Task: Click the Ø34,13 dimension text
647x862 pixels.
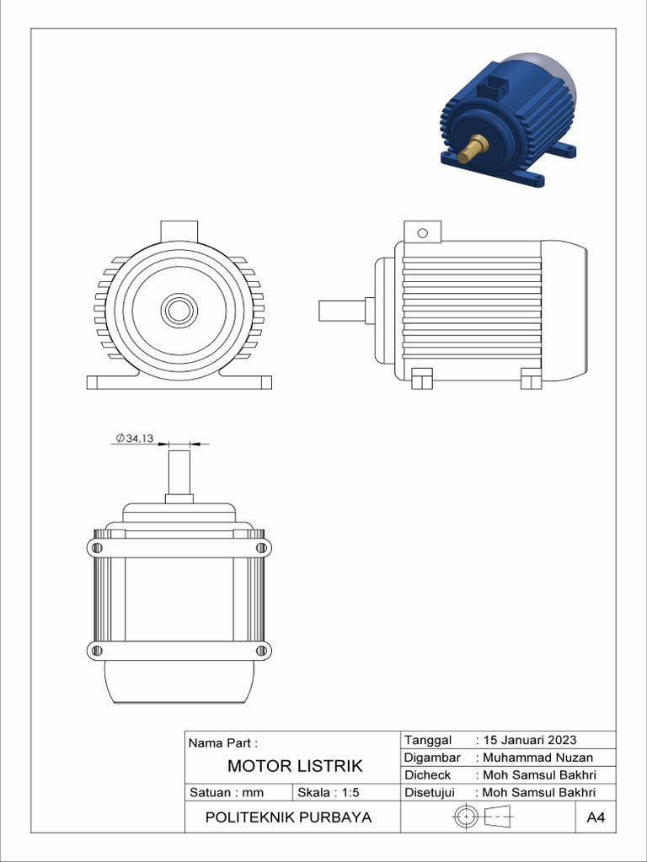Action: tap(134, 438)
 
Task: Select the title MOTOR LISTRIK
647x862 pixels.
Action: tap(295, 766)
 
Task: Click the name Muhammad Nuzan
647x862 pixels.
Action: tap(537, 758)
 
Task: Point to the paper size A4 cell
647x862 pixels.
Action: tap(596, 817)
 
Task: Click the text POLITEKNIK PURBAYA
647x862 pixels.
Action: tap(289, 817)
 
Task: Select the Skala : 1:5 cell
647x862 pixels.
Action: tap(323, 792)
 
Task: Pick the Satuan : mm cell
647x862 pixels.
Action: tap(227, 792)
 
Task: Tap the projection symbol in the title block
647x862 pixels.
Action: tap(484, 817)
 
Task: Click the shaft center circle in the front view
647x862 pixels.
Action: tap(179, 310)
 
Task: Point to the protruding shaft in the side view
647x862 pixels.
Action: tap(341, 310)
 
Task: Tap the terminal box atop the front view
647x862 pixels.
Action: tap(179, 231)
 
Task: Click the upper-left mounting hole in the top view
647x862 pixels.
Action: tap(95, 549)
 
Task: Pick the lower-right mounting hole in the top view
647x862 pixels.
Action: tap(262, 650)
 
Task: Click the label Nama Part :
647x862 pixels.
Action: tap(222, 743)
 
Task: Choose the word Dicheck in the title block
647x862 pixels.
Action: tap(428, 774)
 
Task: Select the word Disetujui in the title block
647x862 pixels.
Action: tap(430, 792)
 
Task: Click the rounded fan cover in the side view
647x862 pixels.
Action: tap(565, 308)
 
